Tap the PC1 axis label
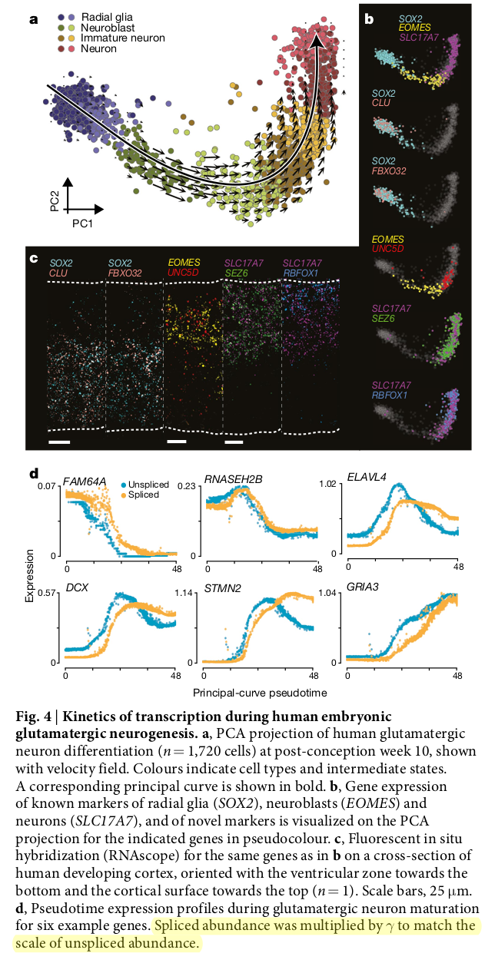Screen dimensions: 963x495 (83, 223)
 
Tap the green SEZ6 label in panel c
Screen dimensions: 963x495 (236, 273)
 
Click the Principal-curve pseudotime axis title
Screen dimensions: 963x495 (259, 692)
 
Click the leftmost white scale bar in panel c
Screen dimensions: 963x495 (58, 442)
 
